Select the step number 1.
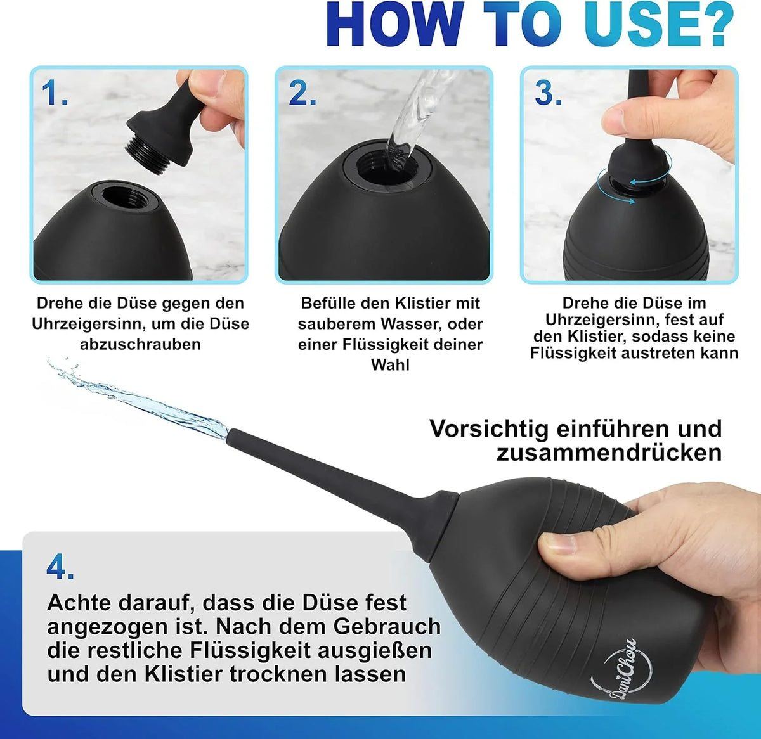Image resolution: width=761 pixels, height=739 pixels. [55, 93]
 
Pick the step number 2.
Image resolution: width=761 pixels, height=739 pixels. [302, 93]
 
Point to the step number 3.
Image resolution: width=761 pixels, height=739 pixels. [549, 93]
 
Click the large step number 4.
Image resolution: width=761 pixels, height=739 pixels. [60, 567]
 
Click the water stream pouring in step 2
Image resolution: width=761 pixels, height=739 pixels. [415, 117]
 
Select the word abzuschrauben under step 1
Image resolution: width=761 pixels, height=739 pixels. [140, 345]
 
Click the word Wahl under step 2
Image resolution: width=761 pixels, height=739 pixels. [390, 365]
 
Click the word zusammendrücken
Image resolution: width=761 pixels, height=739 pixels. [609, 453]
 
